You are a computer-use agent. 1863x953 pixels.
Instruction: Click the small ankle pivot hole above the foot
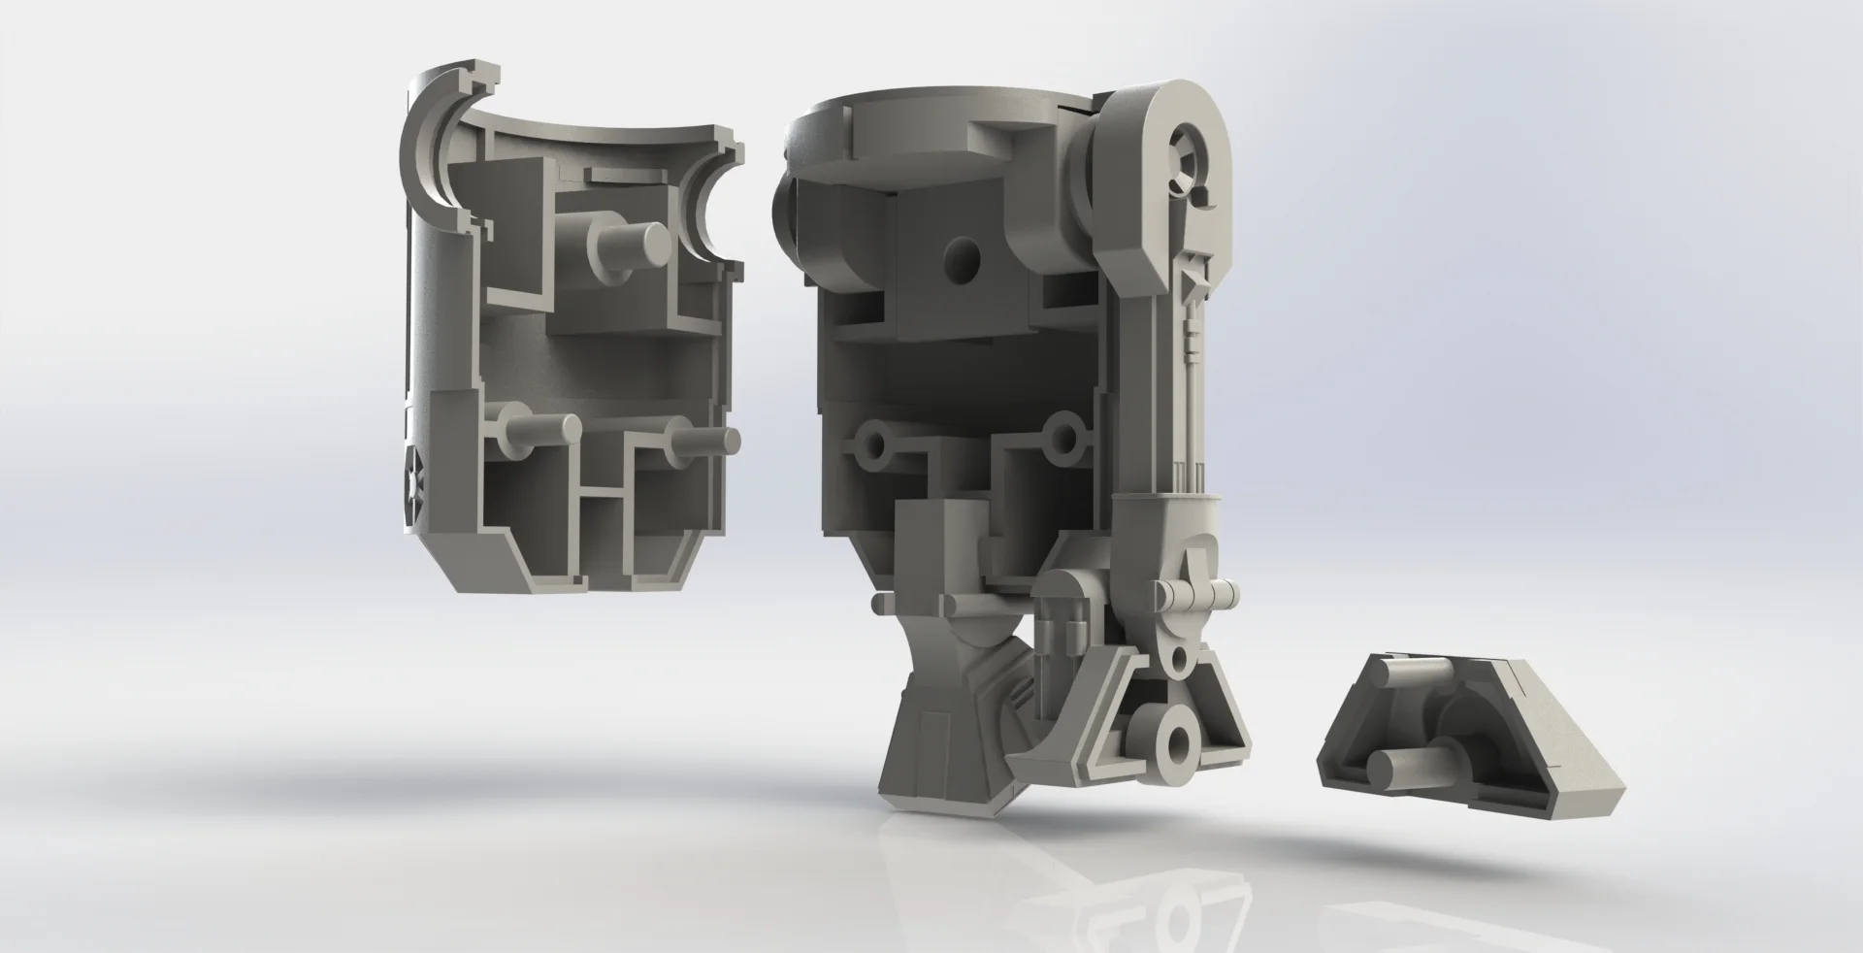[1179, 662]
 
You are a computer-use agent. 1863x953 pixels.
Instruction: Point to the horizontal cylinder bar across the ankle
[1193, 593]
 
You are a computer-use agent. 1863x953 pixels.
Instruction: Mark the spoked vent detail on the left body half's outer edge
[413, 485]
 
